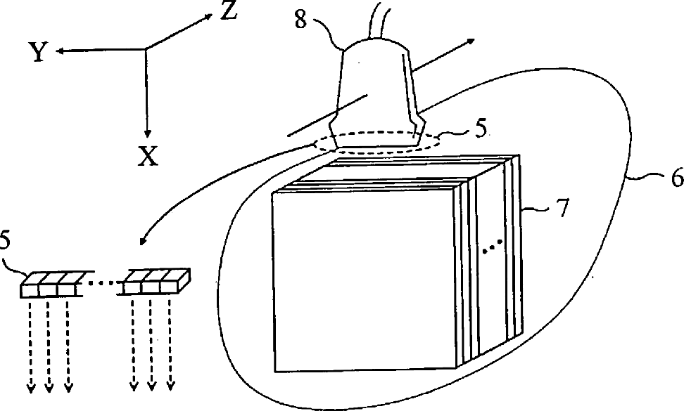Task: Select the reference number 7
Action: pyautogui.click(x=562, y=209)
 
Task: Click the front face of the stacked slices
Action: pyautogui.click(x=366, y=281)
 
